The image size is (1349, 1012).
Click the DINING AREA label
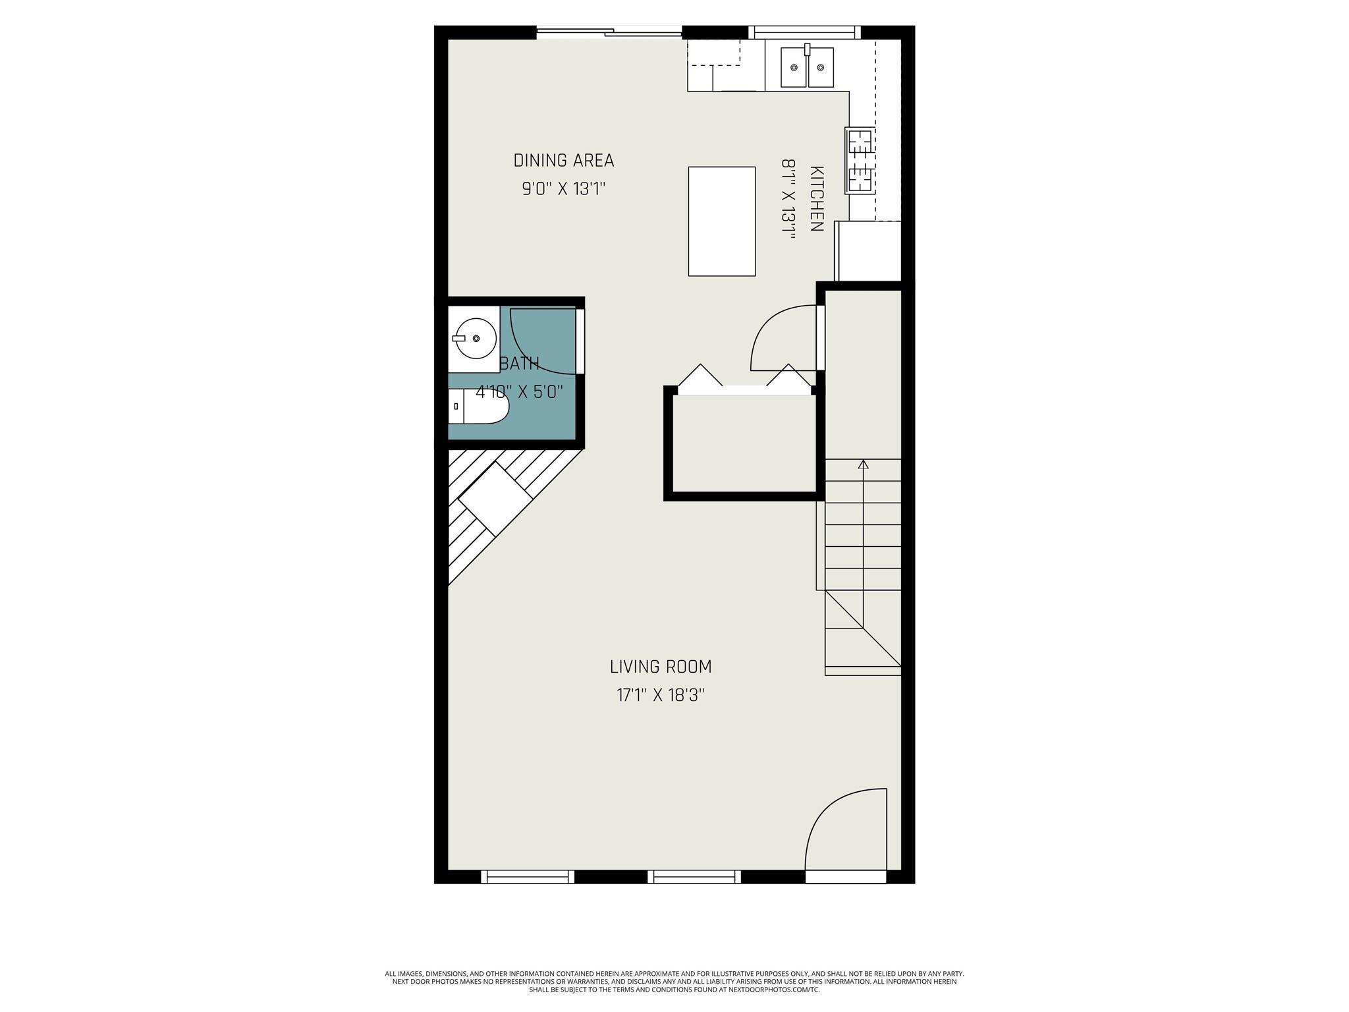pyautogui.click(x=563, y=160)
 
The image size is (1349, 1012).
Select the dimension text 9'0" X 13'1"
pyautogui.click(x=563, y=189)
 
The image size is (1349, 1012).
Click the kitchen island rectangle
pyautogui.click(x=721, y=221)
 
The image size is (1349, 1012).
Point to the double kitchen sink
pyautogui.click(x=807, y=67)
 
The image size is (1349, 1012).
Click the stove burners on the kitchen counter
pyautogui.click(x=860, y=161)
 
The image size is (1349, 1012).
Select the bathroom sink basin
pyautogui.click(x=476, y=338)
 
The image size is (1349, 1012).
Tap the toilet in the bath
pyautogui.click(x=480, y=406)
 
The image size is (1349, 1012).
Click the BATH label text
pyautogui.click(x=520, y=364)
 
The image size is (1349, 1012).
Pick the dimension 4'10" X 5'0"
pyautogui.click(x=520, y=392)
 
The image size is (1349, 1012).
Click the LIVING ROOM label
pyautogui.click(x=661, y=667)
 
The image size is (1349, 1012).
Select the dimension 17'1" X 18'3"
pyautogui.click(x=661, y=695)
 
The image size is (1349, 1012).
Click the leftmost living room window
pyautogui.click(x=527, y=876)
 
